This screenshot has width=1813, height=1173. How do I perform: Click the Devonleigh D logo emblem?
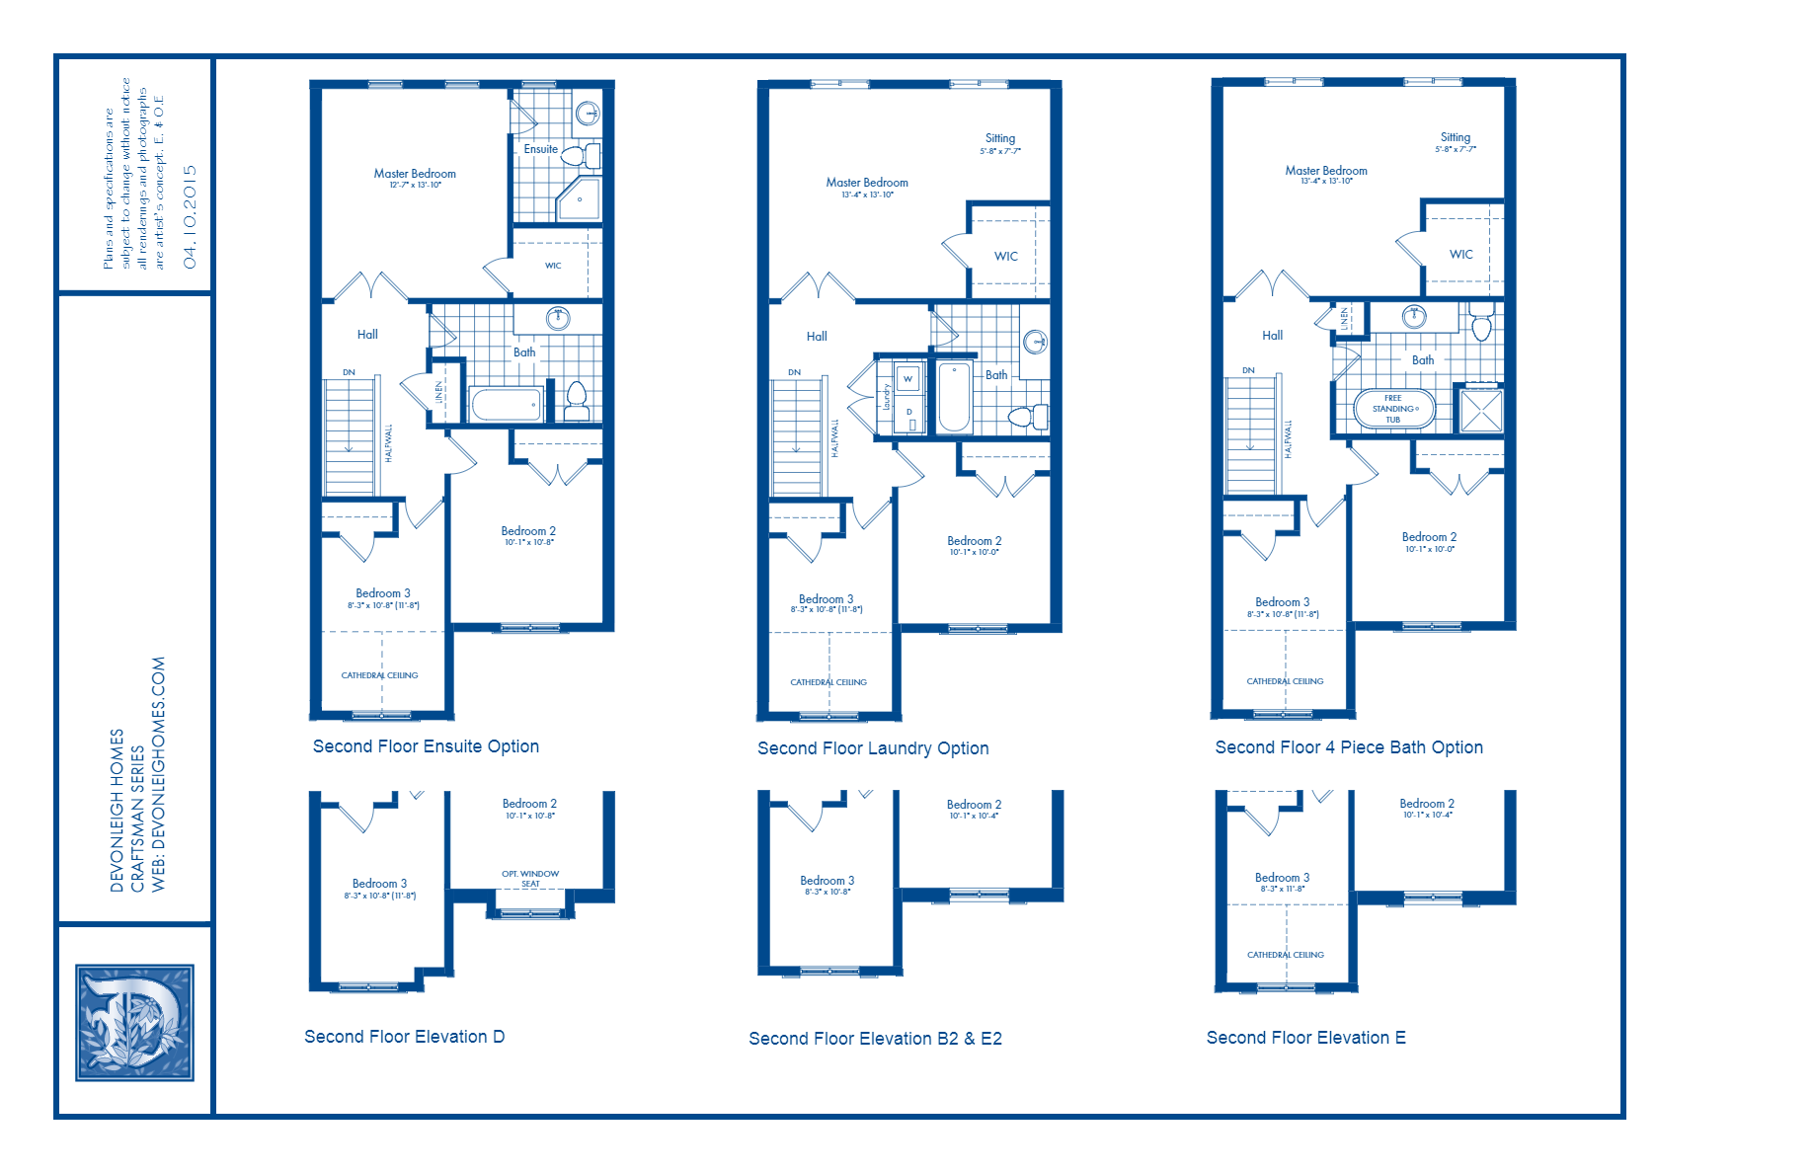click(x=134, y=1022)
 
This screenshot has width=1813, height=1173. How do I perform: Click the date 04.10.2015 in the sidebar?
click(x=191, y=216)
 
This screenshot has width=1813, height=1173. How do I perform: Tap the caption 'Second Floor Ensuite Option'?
click(x=426, y=746)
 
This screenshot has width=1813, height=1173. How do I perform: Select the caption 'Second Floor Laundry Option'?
click(x=873, y=748)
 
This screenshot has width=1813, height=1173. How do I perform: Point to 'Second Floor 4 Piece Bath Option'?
click(x=1349, y=747)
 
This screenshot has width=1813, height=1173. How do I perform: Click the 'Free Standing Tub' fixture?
click(x=1393, y=409)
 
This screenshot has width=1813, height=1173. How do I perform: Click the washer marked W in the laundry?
click(x=907, y=378)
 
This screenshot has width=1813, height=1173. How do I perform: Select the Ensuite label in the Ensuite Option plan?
click(x=540, y=149)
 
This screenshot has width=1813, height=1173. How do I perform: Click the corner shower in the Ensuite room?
click(x=579, y=200)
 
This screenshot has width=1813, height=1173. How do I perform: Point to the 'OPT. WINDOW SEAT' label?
click(x=530, y=878)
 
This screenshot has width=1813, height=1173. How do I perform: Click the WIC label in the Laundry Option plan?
click(x=1005, y=256)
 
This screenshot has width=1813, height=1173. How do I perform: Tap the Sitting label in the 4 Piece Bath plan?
click(x=1455, y=137)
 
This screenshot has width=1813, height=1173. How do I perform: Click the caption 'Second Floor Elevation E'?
click(x=1305, y=1038)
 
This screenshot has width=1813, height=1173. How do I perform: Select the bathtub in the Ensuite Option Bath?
click(x=506, y=404)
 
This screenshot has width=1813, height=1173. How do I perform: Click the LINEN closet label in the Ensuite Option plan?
click(x=439, y=392)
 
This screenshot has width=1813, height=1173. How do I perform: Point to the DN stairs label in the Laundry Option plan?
click(x=794, y=372)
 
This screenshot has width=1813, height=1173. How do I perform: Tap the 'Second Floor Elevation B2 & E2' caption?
click(x=875, y=1039)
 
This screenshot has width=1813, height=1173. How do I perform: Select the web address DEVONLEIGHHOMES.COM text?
click(x=159, y=774)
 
